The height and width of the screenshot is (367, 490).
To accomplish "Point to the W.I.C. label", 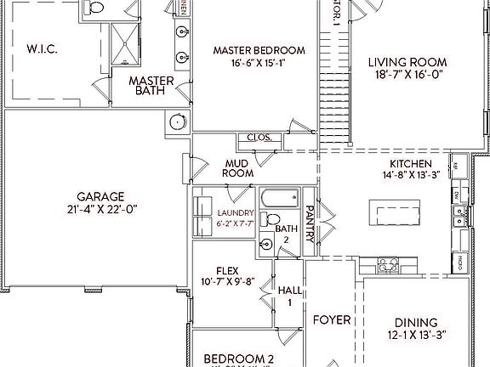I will [42, 48].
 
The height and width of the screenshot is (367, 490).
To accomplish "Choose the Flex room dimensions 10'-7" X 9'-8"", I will [226, 281].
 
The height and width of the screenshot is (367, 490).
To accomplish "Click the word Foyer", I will [331, 320].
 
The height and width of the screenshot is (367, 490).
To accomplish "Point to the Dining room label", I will [417, 322].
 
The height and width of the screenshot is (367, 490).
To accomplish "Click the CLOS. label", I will [258, 138].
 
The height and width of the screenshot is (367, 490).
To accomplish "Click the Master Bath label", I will [152, 86].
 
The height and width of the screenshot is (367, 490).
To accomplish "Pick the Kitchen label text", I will [411, 164].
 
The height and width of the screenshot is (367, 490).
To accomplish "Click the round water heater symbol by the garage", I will [177, 121].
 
